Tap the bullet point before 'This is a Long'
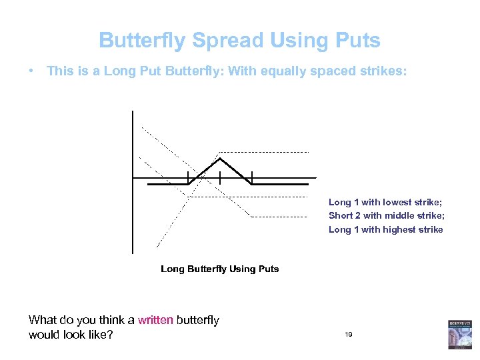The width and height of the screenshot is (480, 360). tap(33, 71)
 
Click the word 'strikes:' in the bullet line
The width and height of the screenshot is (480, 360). tap(380, 71)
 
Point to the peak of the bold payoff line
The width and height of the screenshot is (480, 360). tap(220, 158)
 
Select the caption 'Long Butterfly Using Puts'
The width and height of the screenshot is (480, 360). tap(219, 269)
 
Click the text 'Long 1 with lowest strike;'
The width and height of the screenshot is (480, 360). tap(385, 202)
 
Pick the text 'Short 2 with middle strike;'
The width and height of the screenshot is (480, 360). tap(386, 215)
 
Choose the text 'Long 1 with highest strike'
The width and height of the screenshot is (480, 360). tap(385, 229)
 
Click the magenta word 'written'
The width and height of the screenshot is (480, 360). tap(155, 320)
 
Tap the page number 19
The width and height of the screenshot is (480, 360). tap(349, 334)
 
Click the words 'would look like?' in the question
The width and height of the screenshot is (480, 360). tap(71, 334)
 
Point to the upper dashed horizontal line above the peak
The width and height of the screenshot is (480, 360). tap(267, 152)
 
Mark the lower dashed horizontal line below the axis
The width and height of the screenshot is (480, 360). tap(280, 217)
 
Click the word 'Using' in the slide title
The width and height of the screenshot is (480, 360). tap(289, 41)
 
